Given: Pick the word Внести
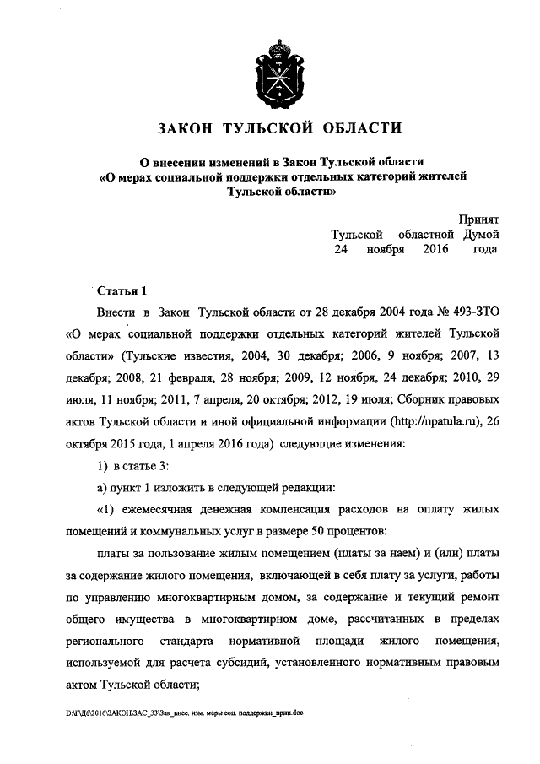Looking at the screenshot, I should coord(118,313).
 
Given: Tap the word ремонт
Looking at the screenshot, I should coord(481,599).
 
